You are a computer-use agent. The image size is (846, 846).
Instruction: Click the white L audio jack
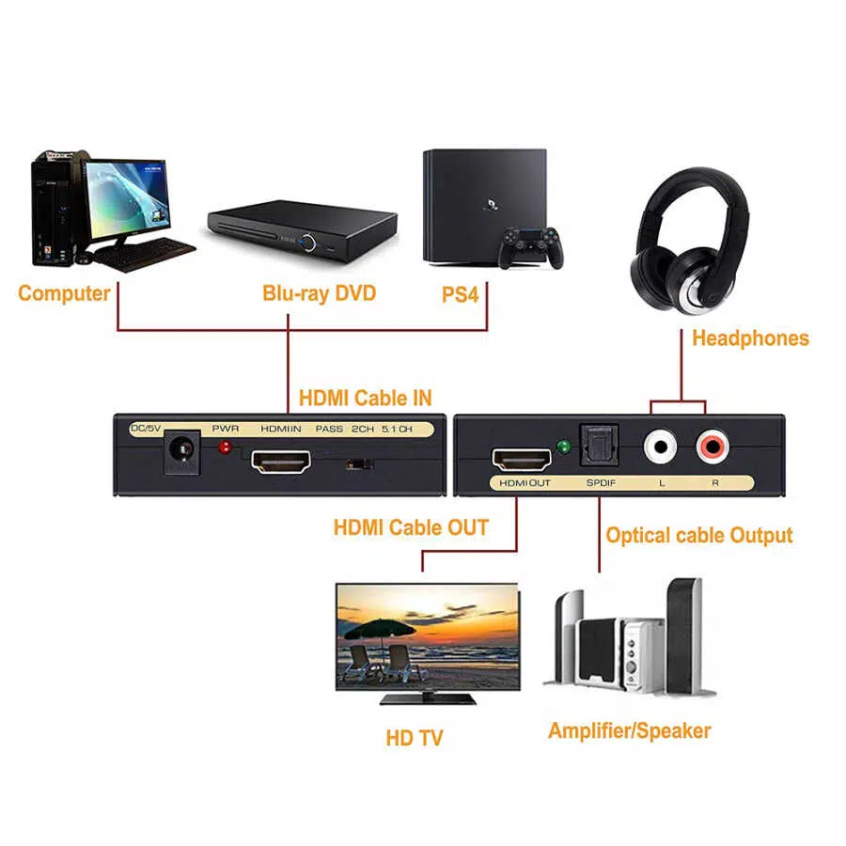660,445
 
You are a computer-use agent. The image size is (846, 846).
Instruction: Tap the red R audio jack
711,445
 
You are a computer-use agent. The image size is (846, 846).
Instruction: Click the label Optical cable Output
698,536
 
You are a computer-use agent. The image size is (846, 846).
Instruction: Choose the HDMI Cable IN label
365,398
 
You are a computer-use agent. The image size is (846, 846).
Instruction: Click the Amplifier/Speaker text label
629,730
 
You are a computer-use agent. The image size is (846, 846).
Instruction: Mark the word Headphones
749,338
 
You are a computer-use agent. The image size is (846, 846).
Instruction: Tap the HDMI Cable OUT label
411,527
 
